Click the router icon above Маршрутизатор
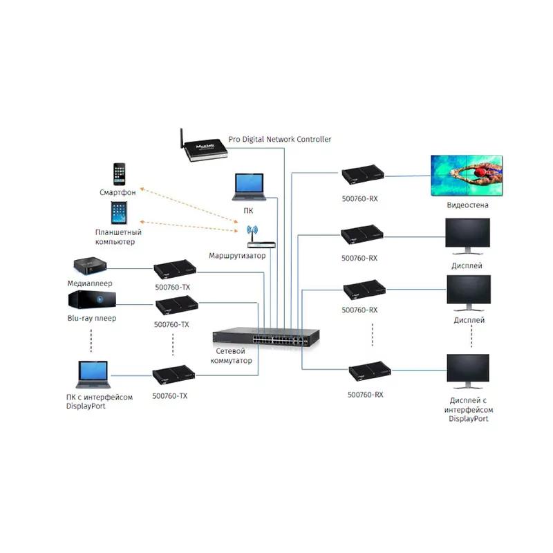click(254, 237)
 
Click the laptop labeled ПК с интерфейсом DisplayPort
click(91, 375)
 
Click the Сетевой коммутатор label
click(231, 356)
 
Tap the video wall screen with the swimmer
click(467, 173)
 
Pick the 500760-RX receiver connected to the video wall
click(364, 176)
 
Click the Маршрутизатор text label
click(237, 256)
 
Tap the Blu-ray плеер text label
click(92, 319)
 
